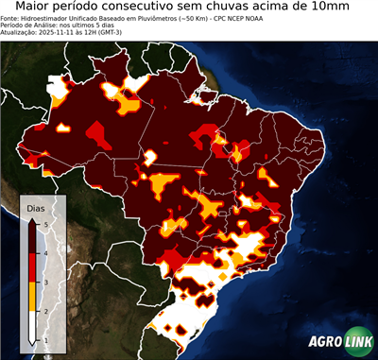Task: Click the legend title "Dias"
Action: (x=36, y=206)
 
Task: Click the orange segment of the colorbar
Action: (x=33, y=296)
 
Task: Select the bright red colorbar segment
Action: (x=33, y=267)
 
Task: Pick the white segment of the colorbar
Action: (x=33, y=325)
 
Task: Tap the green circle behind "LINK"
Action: (x=357, y=342)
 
